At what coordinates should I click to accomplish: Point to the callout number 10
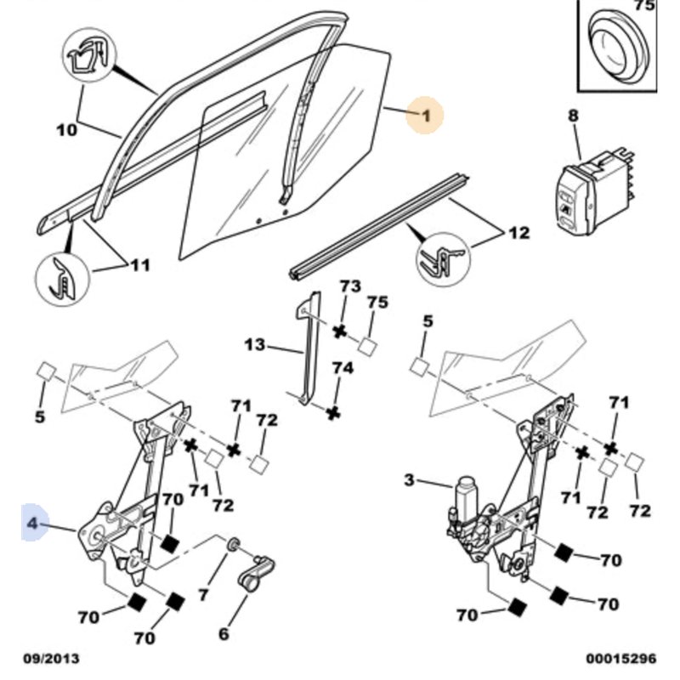[66, 130]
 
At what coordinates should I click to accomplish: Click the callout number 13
[254, 345]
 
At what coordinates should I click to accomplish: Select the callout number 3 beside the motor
[409, 481]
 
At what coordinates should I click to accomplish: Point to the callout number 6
[224, 633]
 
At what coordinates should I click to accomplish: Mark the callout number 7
[203, 595]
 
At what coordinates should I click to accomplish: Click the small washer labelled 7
[231, 544]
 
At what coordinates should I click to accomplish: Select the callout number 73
[350, 286]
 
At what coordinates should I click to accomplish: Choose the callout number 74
[342, 368]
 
